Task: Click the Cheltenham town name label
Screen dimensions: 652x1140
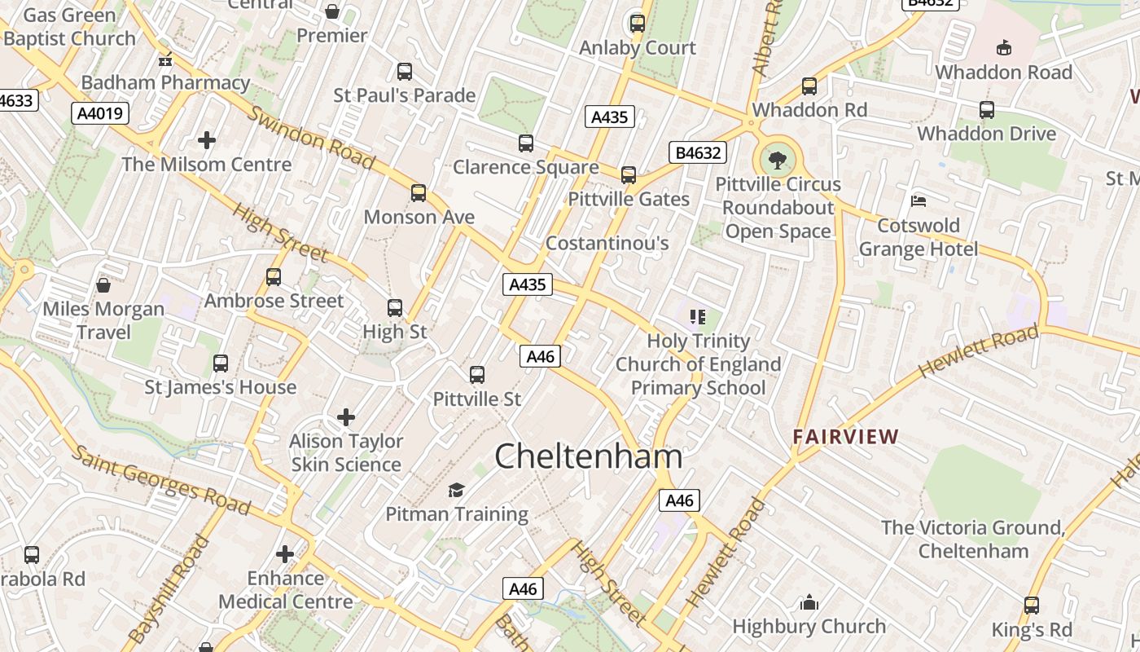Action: [x=588, y=456]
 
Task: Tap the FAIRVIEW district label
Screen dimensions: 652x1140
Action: [x=845, y=437]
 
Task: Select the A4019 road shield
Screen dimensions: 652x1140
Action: [x=101, y=113]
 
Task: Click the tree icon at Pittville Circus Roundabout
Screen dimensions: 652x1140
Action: [x=778, y=157]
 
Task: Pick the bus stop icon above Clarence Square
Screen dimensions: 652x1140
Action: [x=526, y=143]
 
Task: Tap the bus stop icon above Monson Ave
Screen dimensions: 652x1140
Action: [x=419, y=193]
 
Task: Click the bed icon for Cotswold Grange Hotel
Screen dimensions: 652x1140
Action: [x=919, y=200]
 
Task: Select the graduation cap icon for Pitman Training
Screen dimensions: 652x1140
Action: [x=456, y=490]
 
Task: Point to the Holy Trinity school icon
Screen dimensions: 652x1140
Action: [x=697, y=316]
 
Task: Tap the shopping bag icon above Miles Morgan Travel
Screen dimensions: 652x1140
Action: [x=103, y=285]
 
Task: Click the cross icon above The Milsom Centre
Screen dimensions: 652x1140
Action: [x=207, y=140]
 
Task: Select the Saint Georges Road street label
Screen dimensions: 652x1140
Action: [x=160, y=480]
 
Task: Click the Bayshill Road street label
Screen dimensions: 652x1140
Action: [x=169, y=588]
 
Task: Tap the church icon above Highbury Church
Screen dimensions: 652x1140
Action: [x=809, y=602]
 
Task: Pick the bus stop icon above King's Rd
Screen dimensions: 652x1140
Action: [x=1032, y=606]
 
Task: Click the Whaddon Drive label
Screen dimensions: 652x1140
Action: [x=986, y=134]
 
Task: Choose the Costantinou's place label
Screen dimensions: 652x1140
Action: [x=607, y=243]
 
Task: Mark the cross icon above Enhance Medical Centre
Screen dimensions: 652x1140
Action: [x=285, y=554]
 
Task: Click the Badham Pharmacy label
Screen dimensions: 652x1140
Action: [x=165, y=82]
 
